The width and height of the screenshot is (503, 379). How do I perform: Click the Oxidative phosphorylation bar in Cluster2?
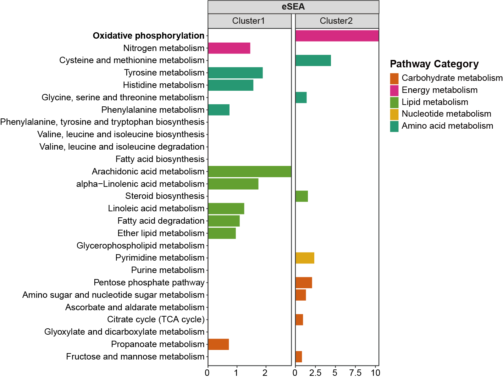point(337,36)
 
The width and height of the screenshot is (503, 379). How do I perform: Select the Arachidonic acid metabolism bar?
point(249,172)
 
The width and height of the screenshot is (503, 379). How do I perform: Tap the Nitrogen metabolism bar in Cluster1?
point(229,48)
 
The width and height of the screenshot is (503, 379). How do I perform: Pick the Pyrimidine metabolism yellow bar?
point(305,258)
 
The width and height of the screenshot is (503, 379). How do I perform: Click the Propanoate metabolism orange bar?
point(219,344)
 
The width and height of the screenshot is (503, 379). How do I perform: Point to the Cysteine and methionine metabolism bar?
point(313,61)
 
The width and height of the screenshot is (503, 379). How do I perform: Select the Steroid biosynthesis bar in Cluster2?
point(302,196)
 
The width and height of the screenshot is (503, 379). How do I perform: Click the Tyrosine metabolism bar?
point(235,73)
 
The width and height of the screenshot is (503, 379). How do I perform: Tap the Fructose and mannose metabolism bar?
point(299,357)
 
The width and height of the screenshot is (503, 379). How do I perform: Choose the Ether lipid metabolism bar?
point(222,233)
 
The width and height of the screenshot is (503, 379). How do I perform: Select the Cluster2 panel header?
point(337,21)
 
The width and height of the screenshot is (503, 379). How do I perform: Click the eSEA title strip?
point(293,7)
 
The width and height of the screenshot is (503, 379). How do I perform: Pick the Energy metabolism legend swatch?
point(394,90)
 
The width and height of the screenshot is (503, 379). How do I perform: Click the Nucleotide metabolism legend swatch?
point(394,114)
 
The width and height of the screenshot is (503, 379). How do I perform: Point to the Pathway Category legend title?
point(434,64)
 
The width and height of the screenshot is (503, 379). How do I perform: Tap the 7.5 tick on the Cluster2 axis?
point(355,373)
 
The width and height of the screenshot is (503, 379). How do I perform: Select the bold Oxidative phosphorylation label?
point(149,36)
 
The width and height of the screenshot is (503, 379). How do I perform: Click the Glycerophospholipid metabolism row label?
point(140,246)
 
